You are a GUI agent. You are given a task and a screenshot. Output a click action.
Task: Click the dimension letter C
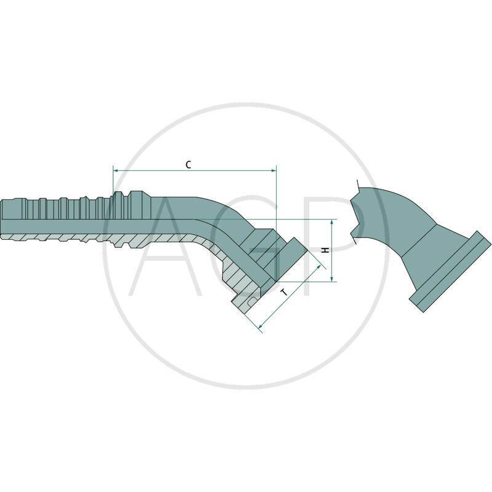[x=189, y=164]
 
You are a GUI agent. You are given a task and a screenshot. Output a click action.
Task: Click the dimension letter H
[x=326, y=250]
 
